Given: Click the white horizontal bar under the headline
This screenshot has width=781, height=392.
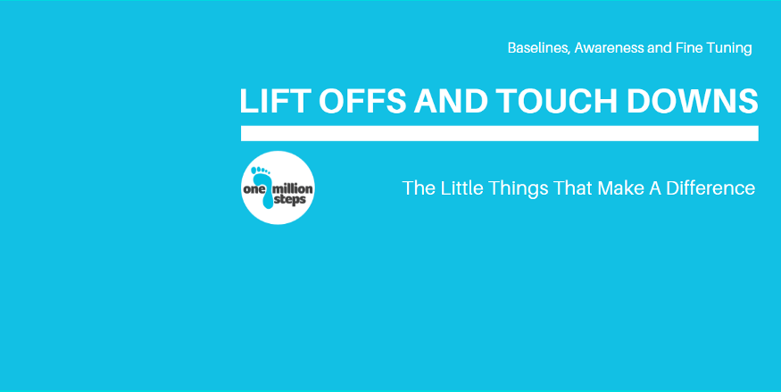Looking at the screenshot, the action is (x=500, y=133).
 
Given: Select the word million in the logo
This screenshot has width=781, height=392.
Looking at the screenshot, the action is (x=294, y=188).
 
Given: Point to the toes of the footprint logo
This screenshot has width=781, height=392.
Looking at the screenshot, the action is (x=261, y=171).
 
